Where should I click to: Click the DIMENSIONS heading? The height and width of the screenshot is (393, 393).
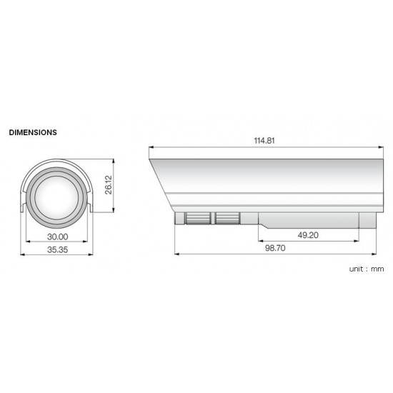(x=33, y=133)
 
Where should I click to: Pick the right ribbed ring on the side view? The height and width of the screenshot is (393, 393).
(x=228, y=218)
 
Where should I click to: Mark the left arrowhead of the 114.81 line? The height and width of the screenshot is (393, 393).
(x=150, y=147)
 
